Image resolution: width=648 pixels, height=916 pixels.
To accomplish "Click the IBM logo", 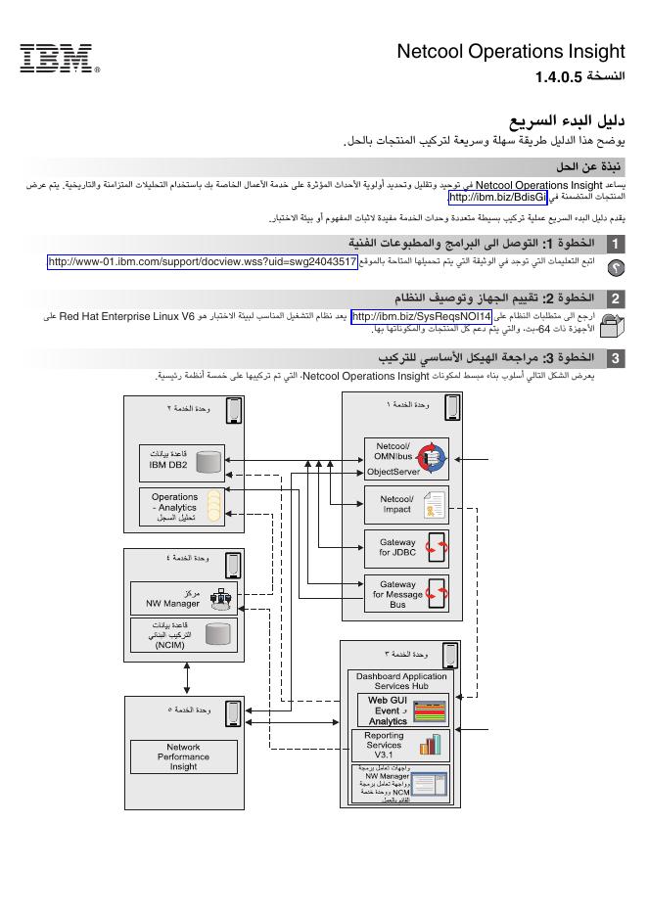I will coord(56,58).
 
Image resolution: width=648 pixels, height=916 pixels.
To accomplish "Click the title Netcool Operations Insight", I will coord(510,52).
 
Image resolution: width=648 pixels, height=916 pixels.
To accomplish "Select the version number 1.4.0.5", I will coord(558,76).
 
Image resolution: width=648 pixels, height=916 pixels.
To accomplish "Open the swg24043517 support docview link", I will coord(203,261).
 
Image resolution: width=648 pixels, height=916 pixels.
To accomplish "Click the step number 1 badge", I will coord(615,243).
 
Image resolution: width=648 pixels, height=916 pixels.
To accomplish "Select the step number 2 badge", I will coord(615,298).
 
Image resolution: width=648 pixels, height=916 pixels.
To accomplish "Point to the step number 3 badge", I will coord(615,358).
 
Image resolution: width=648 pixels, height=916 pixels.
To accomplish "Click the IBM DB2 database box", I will coord(182,460).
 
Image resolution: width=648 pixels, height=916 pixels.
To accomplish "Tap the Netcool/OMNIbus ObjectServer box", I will coord(406,458).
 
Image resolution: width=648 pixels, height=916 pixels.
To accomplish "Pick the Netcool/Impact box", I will coord(406,504).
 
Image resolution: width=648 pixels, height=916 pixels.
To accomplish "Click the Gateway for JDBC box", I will coord(406,548).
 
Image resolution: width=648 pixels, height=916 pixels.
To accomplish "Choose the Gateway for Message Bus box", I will coord(406,593).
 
